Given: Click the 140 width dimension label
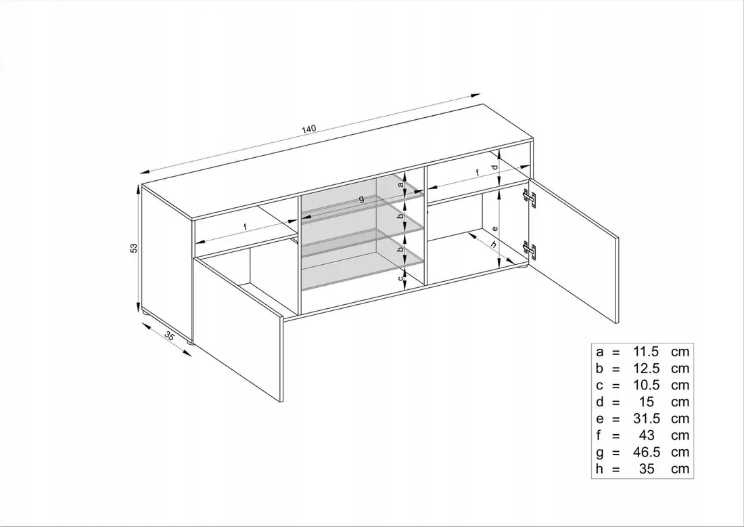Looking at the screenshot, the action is tap(308, 129).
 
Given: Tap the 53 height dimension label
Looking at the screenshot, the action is tap(134, 247).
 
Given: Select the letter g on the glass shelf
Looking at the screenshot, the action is tap(362, 198).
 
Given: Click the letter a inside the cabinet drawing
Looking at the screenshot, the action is tap(400, 185).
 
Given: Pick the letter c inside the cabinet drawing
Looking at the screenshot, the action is tap(400, 278).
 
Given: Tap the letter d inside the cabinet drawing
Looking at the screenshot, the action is tap(494, 167).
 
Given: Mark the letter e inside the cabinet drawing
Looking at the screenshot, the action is tap(494, 228).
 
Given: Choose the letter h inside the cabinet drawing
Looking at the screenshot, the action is tap(494, 245).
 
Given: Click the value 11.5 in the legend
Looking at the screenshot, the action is tap(646, 352).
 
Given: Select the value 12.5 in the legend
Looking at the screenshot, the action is tap(646, 368).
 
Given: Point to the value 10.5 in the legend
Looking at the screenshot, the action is tap(646, 385).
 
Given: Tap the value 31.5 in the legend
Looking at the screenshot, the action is tap(646, 419).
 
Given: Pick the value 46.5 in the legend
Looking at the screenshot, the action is tap(646, 452).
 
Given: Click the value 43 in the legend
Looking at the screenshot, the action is tap(646, 436).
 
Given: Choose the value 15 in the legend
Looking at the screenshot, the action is tap(646, 402).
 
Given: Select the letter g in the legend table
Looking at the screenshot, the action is tap(600, 453).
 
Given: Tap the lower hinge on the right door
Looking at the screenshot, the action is tap(530, 251).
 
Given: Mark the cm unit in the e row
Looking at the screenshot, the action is tap(680, 419).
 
